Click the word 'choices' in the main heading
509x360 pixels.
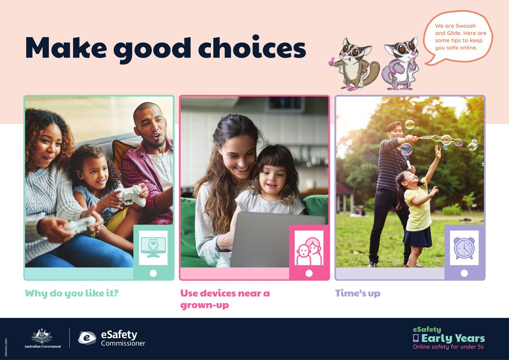[x=252, y=47]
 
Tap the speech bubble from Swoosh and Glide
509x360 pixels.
[x=458, y=37]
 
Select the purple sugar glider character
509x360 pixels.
[x=401, y=64]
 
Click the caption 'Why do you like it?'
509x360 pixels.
[x=72, y=293]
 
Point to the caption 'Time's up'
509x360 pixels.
[x=358, y=293]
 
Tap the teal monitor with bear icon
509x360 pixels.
[x=153, y=248]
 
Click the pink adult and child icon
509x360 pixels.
[x=309, y=251]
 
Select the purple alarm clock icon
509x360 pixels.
[x=464, y=248]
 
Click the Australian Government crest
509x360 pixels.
[x=42, y=336]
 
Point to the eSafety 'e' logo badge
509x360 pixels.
[x=87, y=338]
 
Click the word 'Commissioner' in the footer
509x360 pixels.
[x=123, y=343]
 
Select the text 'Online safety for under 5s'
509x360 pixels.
[x=448, y=347]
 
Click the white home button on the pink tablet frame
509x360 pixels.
[x=309, y=273]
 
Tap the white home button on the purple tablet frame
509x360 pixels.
[x=464, y=273]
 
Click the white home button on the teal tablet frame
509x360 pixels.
[x=153, y=273]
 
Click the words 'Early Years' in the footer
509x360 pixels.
[x=453, y=338]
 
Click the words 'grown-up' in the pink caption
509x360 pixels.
[x=204, y=305]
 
